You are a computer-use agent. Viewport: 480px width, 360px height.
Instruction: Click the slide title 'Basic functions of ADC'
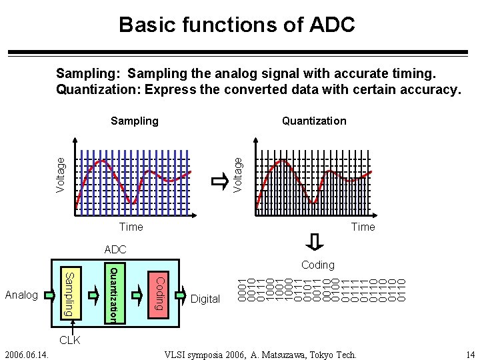point(237,25)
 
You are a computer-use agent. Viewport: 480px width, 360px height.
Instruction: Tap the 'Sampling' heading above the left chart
point(135,121)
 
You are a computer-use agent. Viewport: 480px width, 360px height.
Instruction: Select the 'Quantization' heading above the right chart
point(314,121)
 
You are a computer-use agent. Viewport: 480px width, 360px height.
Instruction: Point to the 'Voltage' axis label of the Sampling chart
point(61,175)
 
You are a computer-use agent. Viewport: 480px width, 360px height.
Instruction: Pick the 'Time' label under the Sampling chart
point(131,227)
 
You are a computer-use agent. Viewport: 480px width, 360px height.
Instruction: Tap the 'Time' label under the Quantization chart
point(363,227)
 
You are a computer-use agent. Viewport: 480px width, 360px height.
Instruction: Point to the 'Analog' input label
point(21,295)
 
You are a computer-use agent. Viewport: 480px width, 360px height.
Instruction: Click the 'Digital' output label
point(205,299)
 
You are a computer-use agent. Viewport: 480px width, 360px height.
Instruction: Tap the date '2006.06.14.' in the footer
point(24,354)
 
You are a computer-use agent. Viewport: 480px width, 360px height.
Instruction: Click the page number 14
point(470,354)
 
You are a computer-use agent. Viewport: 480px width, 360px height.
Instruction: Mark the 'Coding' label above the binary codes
point(317,265)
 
